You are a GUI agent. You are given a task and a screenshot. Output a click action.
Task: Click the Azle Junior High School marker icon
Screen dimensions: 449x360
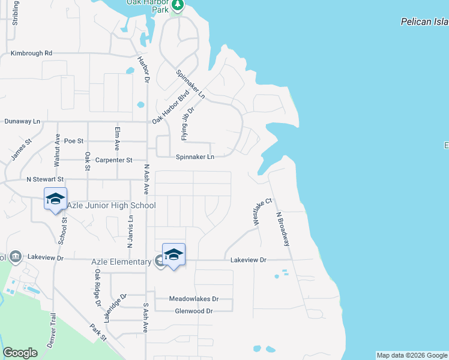(x=55, y=199)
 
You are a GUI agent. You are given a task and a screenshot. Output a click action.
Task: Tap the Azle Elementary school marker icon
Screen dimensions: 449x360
(x=173, y=254)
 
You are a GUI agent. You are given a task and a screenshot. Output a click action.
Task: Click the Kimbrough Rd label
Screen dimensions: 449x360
(x=32, y=53)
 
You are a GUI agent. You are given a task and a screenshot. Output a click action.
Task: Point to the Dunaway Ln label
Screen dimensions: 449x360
(x=22, y=121)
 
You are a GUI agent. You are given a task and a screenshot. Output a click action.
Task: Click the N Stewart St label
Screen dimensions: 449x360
(x=45, y=179)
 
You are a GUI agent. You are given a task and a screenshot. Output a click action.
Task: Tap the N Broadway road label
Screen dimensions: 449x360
(x=283, y=229)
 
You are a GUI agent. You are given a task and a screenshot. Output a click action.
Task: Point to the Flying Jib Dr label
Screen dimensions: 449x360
(x=188, y=124)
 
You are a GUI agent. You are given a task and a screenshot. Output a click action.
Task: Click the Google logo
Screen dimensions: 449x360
(x=20, y=353)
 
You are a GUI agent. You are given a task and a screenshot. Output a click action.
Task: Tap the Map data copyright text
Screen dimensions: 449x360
(x=412, y=355)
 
